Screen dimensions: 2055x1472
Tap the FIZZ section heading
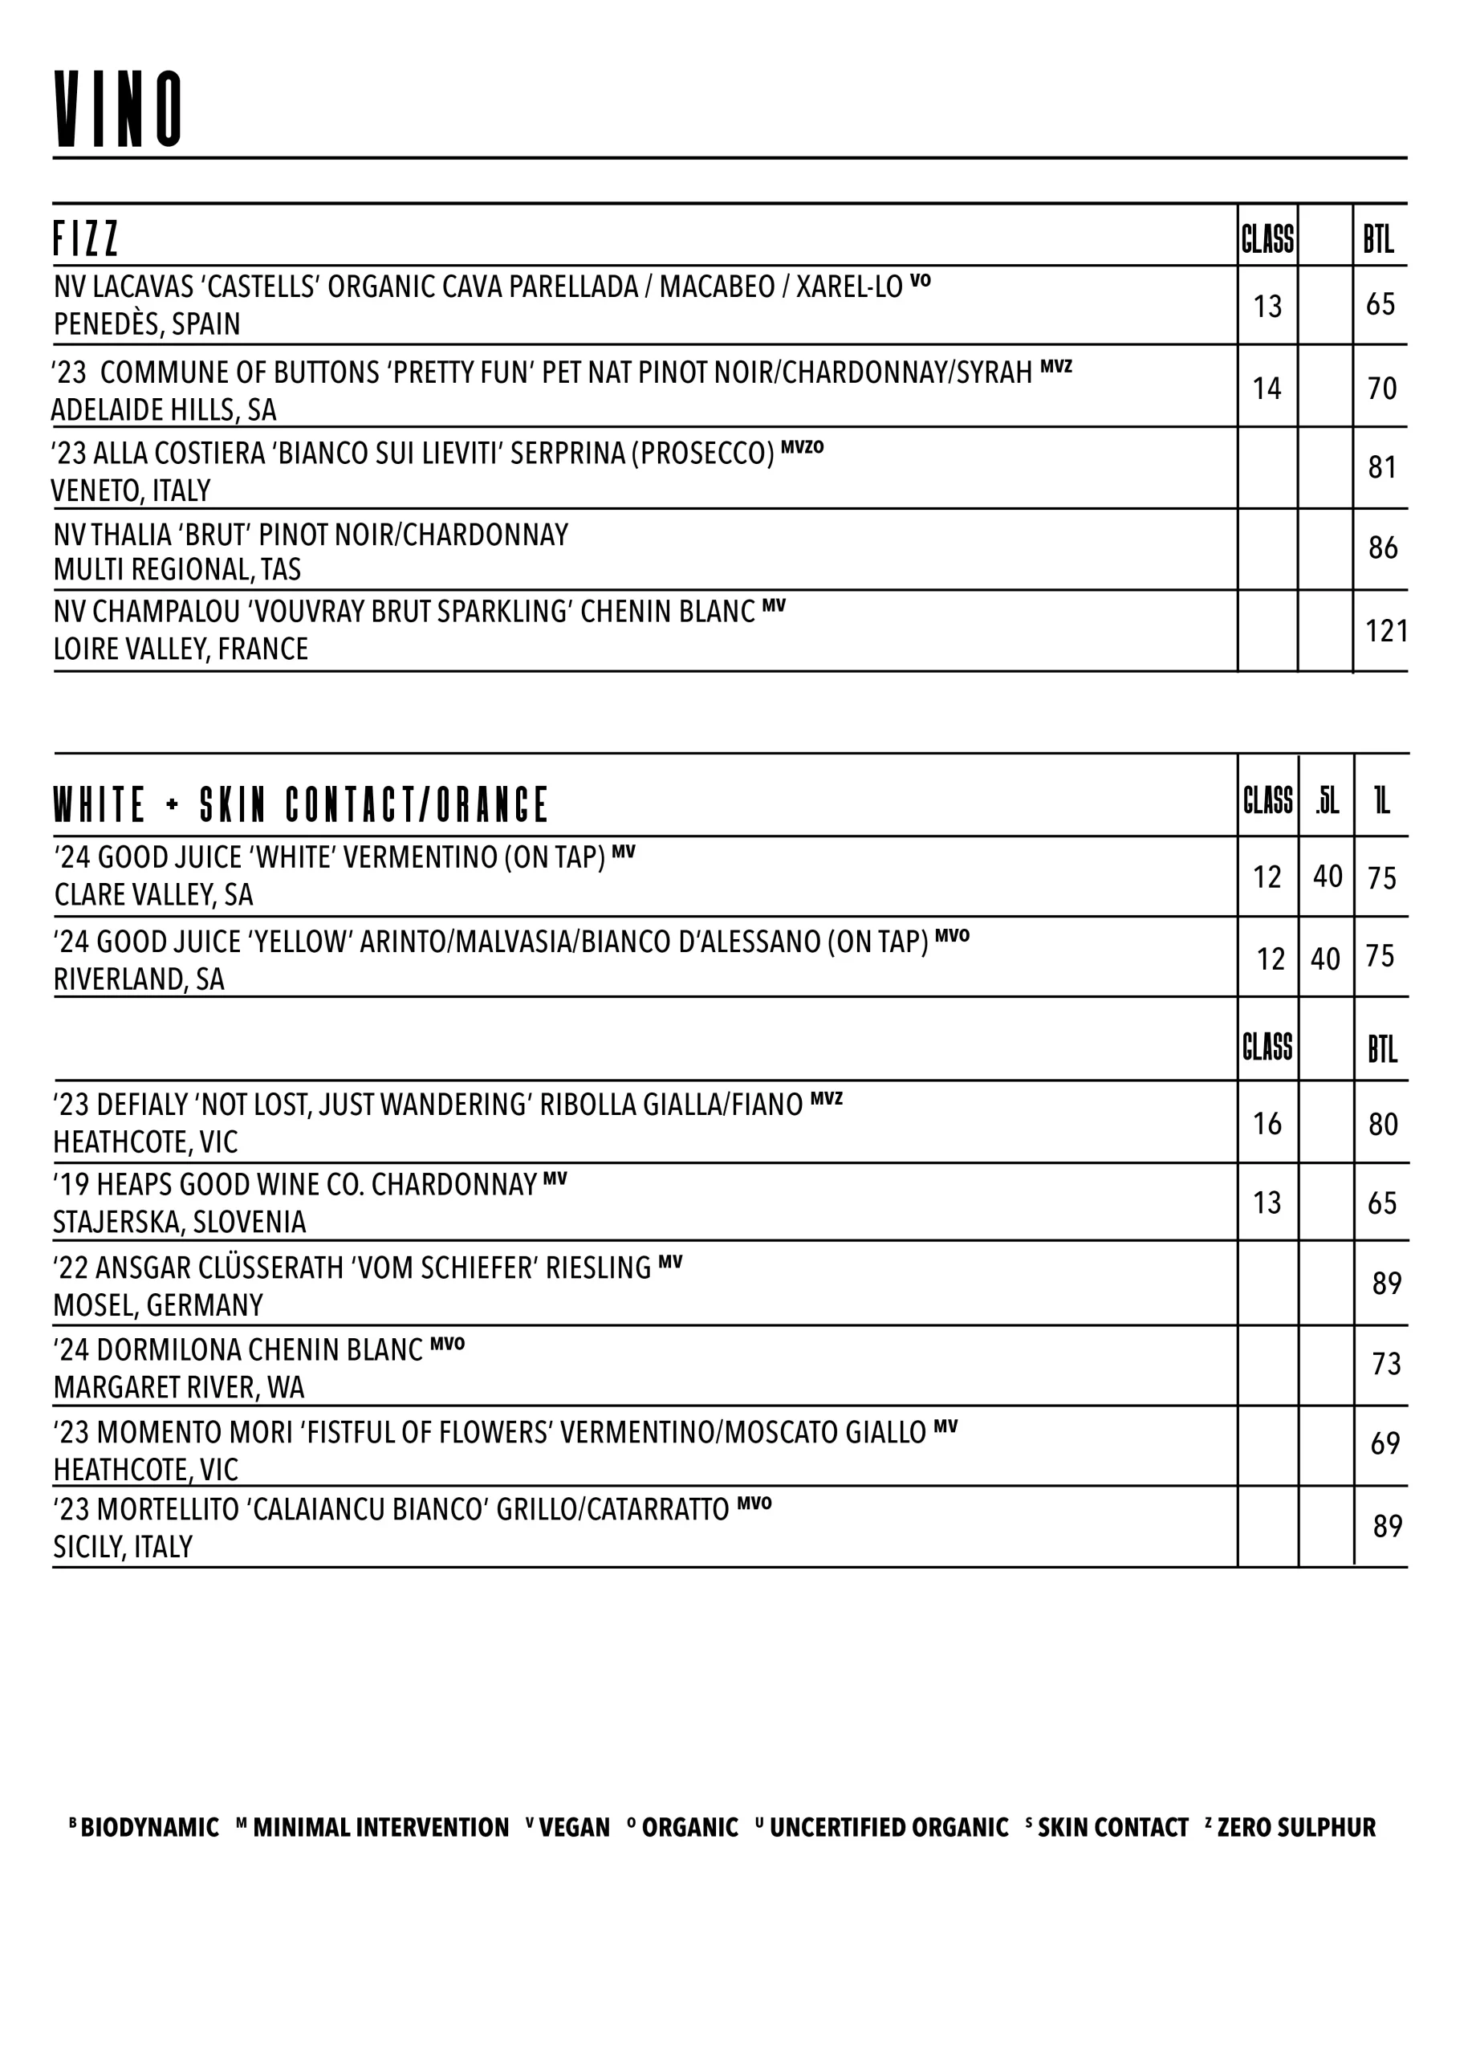click(86, 239)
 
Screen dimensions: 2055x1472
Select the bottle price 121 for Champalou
click(1386, 631)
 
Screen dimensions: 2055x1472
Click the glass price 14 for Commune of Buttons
click(1267, 389)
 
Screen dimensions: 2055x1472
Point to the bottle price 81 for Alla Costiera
click(1382, 467)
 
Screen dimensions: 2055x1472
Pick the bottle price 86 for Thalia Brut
click(1383, 548)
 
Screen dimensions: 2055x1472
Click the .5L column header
click(1327, 802)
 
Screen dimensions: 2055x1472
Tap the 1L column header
click(1382, 802)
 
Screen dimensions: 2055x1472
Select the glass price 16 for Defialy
click(1267, 1124)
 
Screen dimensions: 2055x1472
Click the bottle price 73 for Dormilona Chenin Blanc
click(1386, 1364)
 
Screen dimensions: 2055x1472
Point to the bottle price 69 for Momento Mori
click(1385, 1443)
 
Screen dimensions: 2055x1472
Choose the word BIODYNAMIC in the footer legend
click(149, 1828)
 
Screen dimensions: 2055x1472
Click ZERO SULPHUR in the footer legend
click(1295, 1828)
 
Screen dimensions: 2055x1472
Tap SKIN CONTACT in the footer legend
click(1112, 1828)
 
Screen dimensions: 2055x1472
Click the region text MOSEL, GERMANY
click(159, 1304)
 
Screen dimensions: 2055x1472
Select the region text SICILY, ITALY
click(123, 1547)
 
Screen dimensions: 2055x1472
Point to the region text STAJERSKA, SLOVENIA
click(179, 1223)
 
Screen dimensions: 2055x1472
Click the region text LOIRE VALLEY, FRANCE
click(181, 649)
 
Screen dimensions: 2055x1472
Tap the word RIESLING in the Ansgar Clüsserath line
click(598, 1268)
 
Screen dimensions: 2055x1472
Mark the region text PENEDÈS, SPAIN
click(147, 324)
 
